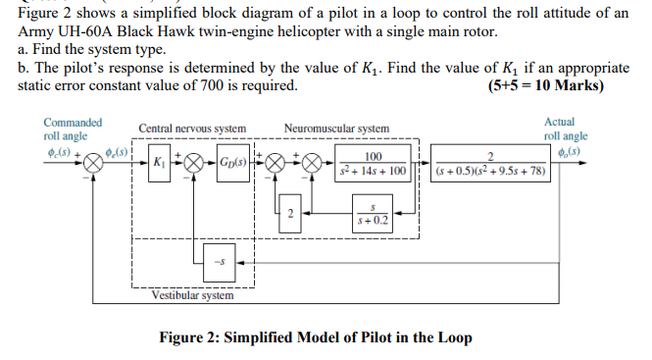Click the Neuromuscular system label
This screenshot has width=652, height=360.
point(336,129)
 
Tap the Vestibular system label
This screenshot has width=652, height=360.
point(192,294)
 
